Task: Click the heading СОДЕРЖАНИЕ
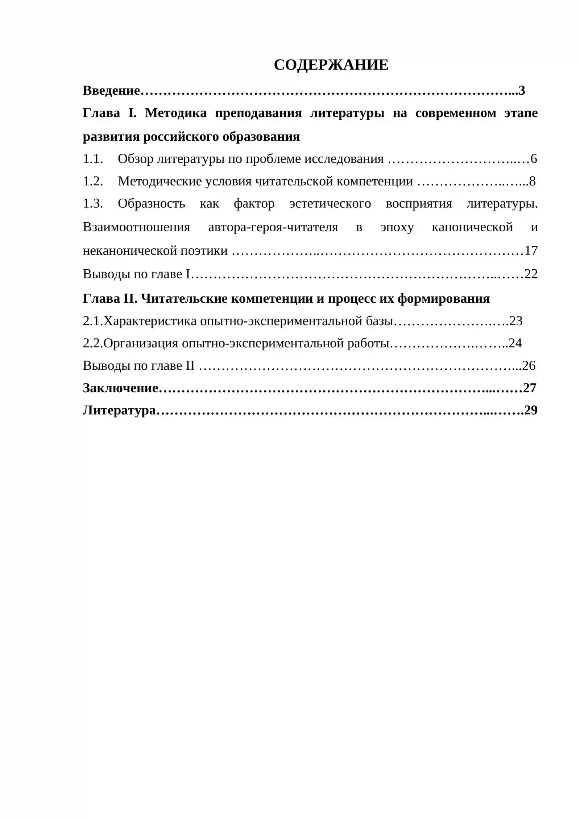[331, 65]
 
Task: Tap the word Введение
[111, 90]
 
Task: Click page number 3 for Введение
[522, 90]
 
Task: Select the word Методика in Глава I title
[176, 113]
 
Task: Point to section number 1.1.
[93, 159]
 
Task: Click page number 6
[534, 159]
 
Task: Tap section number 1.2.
[93, 181]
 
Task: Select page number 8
[532, 181]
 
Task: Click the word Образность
[151, 204]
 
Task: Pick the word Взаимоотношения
[136, 227]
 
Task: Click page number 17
[531, 250]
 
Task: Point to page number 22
[531, 274]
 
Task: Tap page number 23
[516, 321]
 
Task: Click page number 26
[529, 365]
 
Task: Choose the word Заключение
[120, 388]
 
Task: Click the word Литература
[119, 410]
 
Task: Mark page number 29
[531, 410]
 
